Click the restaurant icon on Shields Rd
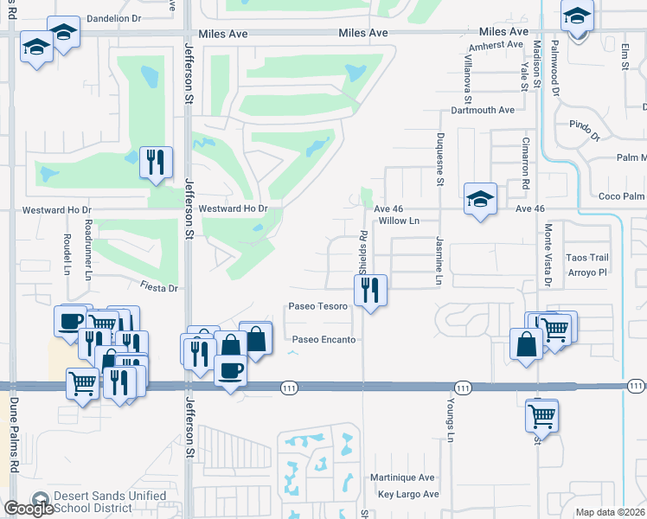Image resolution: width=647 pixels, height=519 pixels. pyautogui.click(x=371, y=291)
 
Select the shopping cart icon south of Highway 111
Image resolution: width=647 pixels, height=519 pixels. pyautogui.click(x=541, y=415)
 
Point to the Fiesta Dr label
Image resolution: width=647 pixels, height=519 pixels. pyautogui.click(x=159, y=287)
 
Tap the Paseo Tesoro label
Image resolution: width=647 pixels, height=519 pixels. pyautogui.click(x=317, y=306)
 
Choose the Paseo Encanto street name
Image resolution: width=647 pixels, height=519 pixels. pyautogui.click(x=323, y=340)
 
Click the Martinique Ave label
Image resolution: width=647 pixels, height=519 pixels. pyautogui.click(x=401, y=477)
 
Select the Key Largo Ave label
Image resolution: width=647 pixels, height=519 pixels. pyautogui.click(x=408, y=495)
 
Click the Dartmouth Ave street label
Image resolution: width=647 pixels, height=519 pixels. pyautogui.click(x=483, y=111)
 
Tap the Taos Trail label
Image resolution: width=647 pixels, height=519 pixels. pyautogui.click(x=587, y=258)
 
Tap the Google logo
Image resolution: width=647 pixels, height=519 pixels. pyautogui.click(x=29, y=509)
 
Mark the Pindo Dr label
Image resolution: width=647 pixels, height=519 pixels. pyautogui.click(x=584, y=131)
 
